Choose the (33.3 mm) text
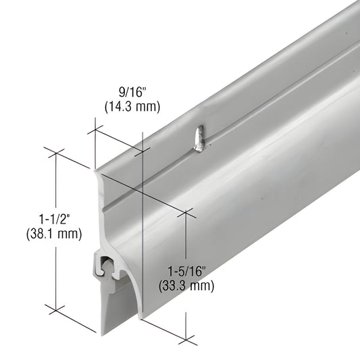tap(186, 284)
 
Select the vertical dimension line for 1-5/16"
tap(185, 243)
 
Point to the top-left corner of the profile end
tap(95, 167)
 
